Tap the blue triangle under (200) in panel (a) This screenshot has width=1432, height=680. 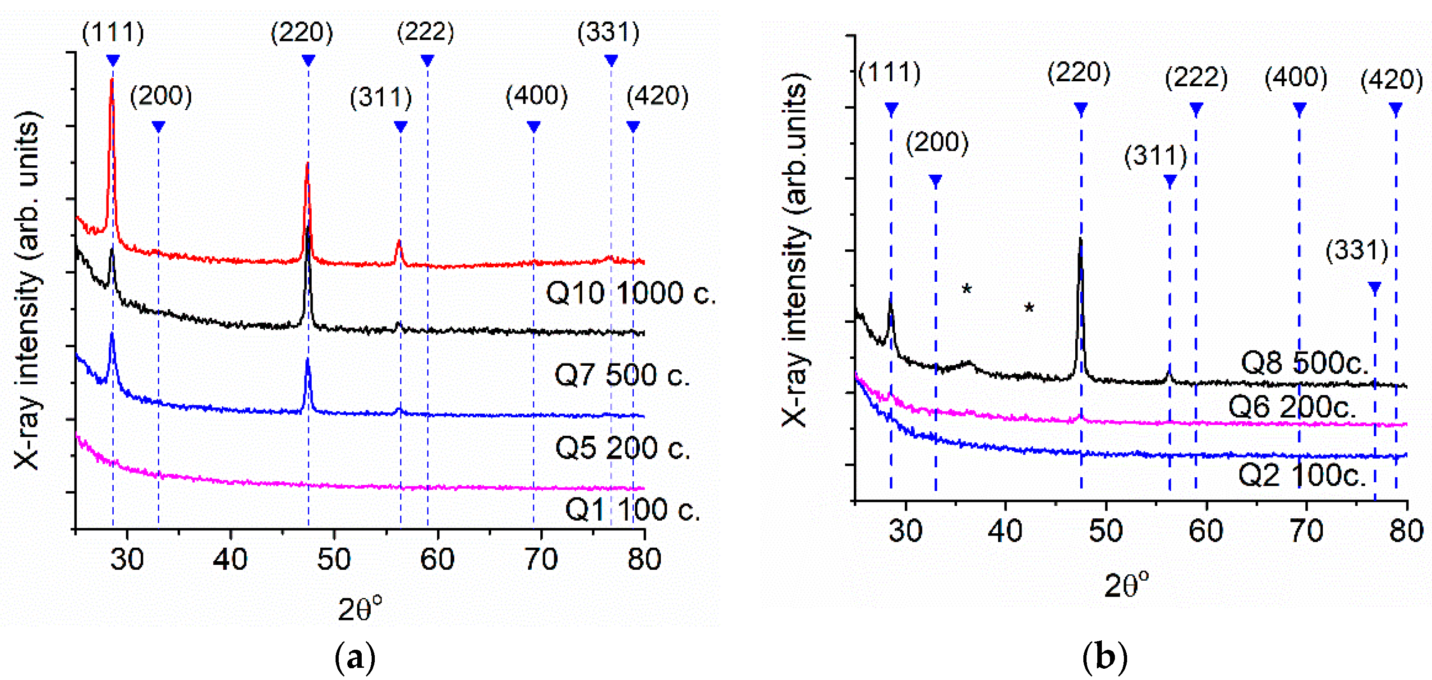pyautogui.click(x=158, y=127)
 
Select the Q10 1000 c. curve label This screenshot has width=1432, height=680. pyautogui.click(x=631, y=293)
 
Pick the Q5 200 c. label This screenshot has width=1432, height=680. pyautogui.click(x=622, y=447)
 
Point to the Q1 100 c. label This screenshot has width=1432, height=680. pyautogui.click(x=632, y=509)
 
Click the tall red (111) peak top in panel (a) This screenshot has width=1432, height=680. pyautogui.click(x=112, y=81)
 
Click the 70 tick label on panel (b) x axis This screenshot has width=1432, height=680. pyautogui.click(x=1306, y=531)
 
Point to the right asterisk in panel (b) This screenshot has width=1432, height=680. pyautogui.click(x=1029, y=308)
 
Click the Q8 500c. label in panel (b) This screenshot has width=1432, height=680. pyautogui.click(x=1304, y=363)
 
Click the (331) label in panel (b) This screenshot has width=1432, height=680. pyautogui.click(x=1356, y=251)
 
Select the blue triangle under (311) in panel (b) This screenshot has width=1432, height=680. pyautogui.click(x=1170, y=182)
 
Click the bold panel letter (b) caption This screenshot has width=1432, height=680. pyautogui.click(x=1105, y=657)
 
